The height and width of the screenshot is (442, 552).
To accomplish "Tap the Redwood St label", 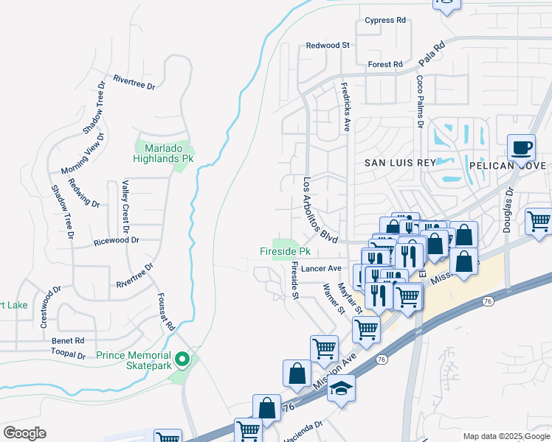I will (328, 46).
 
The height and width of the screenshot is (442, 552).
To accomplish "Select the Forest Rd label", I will (385, 65).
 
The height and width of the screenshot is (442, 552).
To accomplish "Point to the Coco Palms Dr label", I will (419, 102).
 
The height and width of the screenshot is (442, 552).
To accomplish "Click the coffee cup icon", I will (522, 147).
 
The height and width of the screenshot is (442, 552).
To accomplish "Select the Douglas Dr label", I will (507, 210).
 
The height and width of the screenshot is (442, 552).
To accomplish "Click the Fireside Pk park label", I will (283, 252).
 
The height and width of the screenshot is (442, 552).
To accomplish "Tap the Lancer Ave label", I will (322, 268).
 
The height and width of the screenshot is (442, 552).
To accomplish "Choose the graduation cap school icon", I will (340, 389).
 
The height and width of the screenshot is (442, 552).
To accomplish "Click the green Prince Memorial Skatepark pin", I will (187, 359).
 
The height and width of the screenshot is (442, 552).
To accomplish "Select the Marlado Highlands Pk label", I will (162, 152).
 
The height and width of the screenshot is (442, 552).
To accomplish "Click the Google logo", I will (24, 433).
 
